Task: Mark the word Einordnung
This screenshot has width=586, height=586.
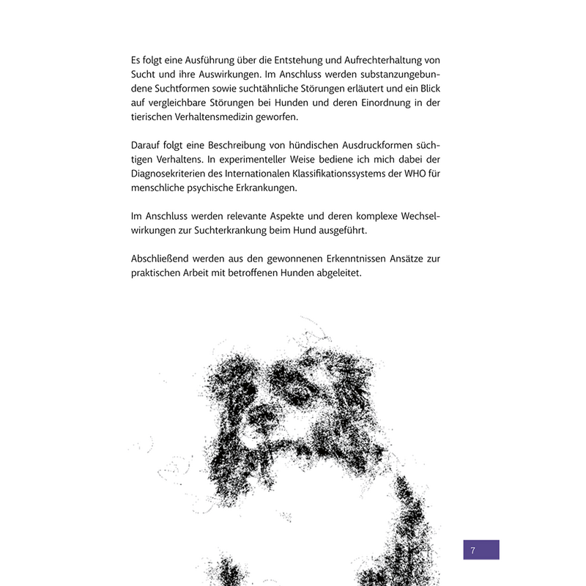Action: tap(379, 103)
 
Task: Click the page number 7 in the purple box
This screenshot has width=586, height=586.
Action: tap(473, 550)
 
